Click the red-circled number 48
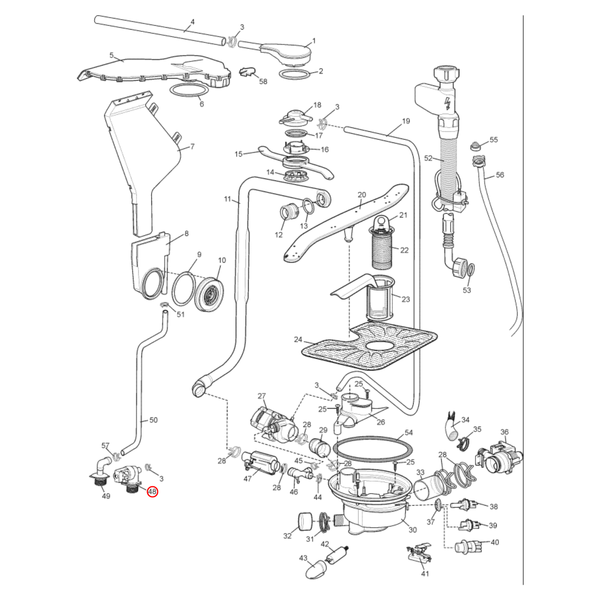tap(152, 491)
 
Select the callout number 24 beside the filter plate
tap(298, 339)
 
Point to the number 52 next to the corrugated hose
tap(428, 158)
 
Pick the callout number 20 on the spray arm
tap(362, 195)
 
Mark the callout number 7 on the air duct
tap(192, 146)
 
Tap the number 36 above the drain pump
tap(504, 432)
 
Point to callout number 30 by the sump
tap(412, 530)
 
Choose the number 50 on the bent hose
tap(153, 420)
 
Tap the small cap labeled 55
tap(476, 146)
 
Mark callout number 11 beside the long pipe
tap(227, 199)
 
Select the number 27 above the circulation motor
tap(262, 396)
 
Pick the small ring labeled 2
tap(295, 75)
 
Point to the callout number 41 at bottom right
tap(425, 573)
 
